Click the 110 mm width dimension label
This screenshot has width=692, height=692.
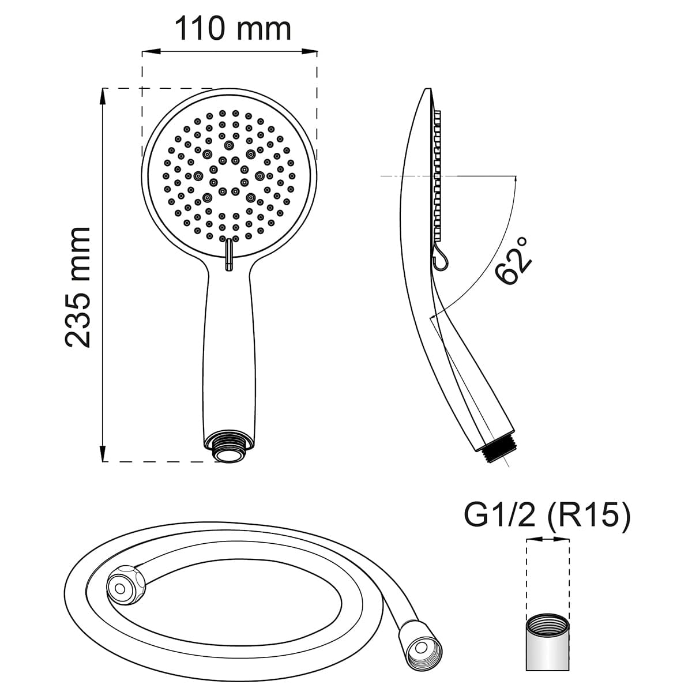[232, 28]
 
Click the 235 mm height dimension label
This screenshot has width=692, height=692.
[78, 287]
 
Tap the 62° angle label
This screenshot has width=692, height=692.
[514, 260]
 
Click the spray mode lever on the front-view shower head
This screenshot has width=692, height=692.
[228, 255]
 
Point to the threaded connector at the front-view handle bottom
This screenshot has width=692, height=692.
[229, 450]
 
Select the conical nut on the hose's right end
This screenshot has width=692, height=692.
[421, 642]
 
